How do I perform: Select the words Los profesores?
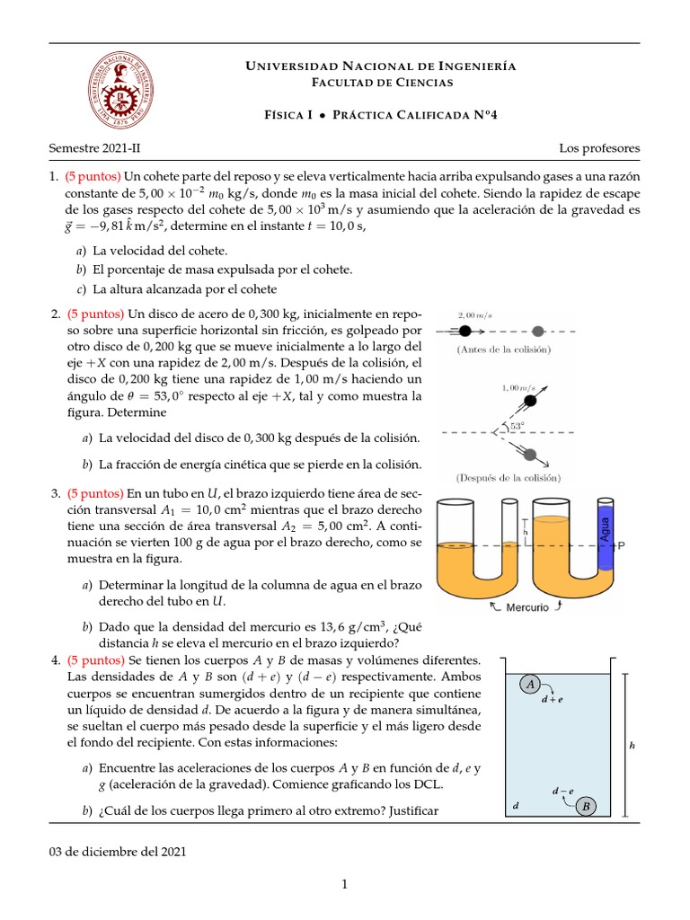(599, 146)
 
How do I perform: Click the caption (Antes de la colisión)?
(503, 349)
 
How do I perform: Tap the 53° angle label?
(517, 426)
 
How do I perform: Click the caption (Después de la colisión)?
(509, 477)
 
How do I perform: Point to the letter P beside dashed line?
(622, 545)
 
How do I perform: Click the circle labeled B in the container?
(586, 806)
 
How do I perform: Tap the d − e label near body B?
(562, 791)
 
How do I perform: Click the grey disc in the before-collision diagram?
(538, 330)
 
